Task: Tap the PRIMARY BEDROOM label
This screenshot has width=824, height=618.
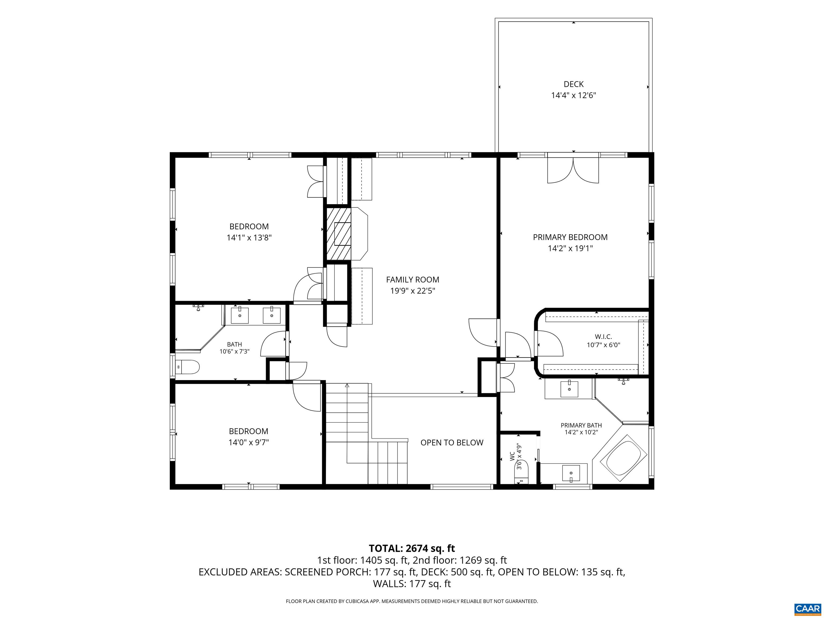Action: (570, 237)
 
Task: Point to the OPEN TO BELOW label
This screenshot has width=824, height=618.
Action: (452, 443)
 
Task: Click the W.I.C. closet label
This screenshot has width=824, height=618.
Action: (604, 337)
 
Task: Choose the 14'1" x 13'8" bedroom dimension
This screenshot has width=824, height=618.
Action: (249, 238)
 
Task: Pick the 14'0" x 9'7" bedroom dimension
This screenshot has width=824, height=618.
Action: (248, 443)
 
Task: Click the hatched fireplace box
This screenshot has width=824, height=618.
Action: (339, 234)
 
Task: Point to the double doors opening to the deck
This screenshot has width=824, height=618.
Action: (573, 170)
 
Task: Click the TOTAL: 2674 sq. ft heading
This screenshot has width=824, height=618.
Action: (412, 548)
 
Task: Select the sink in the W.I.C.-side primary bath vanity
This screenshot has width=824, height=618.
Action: (569, 389)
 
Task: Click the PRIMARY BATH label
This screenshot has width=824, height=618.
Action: (581, 425)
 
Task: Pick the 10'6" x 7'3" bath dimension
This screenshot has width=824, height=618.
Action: (234, 351)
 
